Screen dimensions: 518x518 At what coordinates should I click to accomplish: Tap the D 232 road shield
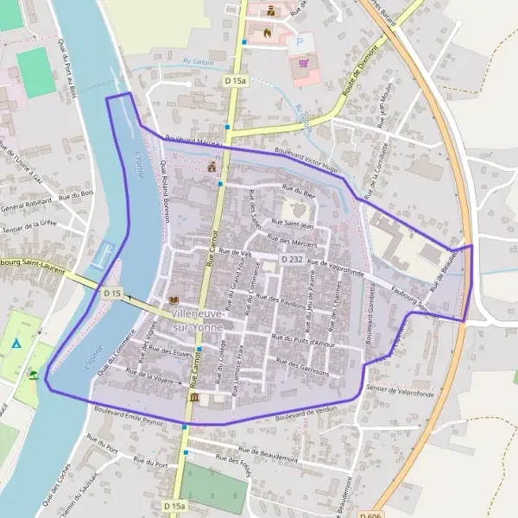tap(292, 259)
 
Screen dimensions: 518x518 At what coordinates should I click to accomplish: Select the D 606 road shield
tap(372, 515)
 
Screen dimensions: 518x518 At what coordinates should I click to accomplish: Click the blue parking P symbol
tap(300, 41)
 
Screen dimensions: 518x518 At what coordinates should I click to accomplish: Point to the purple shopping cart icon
tap(303, 62)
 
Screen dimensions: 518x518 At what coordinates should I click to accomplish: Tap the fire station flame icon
tap(267, 33)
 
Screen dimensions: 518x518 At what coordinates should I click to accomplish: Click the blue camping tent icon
tap(16, 343)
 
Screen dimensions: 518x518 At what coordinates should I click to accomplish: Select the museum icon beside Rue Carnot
tap(193, 397)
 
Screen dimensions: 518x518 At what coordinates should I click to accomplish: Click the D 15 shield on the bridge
tap(111, 294)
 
